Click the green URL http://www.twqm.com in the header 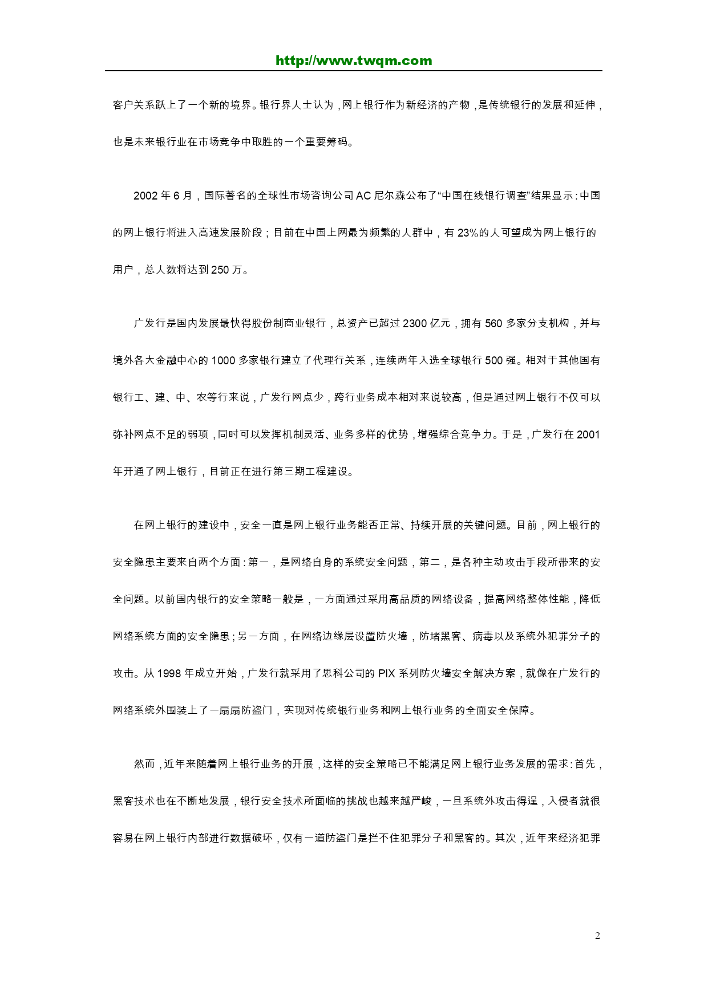[x=354, y=61]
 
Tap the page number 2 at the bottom [x=597, y=936]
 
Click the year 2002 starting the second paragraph [x=145, y=196]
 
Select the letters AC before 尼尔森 [x=363, y=196]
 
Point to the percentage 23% [x=468, y=233]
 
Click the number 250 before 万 [x=220, y=270]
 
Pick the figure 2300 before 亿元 [x=415, y=323]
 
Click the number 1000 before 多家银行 [x=224, y=360]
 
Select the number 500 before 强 [x=493, y=360]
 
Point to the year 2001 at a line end [x=589, y=434]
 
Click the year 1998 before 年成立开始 [x=169, y=673]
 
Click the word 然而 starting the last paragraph [x=144, y=764]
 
